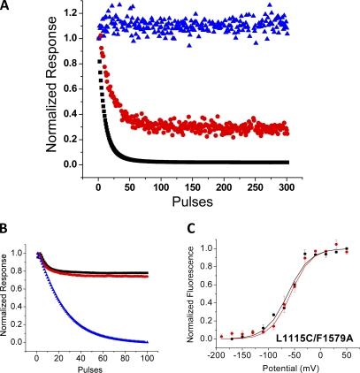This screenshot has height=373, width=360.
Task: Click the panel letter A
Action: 7,8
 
